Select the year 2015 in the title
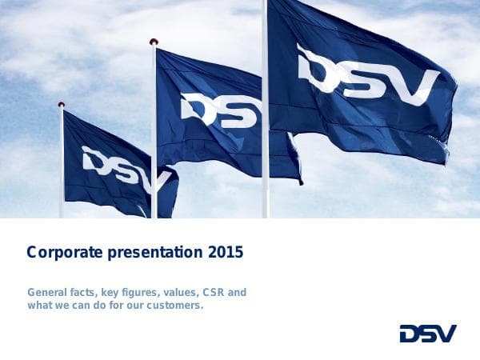225,254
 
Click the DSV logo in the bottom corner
428,334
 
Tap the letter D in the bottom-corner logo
410,334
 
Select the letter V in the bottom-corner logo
446,334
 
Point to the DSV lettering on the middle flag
221,110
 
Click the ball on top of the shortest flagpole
62,105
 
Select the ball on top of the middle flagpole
154,42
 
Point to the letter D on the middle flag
197,106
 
